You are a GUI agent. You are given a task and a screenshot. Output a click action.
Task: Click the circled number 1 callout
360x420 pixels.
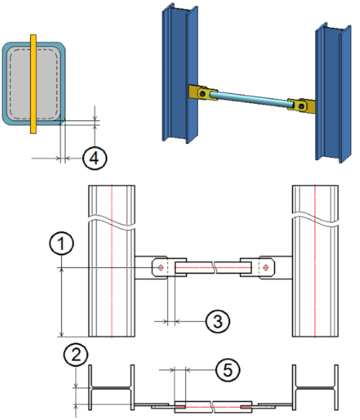pos(61,243)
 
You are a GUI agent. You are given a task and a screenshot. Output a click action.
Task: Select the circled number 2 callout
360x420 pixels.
pos(76,354)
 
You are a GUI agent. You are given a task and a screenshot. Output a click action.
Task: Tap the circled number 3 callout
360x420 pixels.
pos(218,321)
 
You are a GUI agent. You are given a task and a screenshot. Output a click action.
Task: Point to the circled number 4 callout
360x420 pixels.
pos(95,158)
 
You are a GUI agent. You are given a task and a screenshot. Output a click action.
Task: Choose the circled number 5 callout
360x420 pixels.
pos(228,370)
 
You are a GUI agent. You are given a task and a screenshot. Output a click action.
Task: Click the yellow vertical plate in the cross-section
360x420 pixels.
pos(33,84)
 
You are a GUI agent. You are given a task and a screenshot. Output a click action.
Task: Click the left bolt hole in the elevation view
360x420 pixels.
pos(161,267)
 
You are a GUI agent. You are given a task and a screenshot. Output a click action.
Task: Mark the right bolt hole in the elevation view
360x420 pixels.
pos(266,267)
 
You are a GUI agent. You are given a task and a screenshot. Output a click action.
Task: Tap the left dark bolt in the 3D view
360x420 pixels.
pos(202,94)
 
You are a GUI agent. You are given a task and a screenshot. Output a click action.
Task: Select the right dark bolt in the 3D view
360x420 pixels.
pos(302,107)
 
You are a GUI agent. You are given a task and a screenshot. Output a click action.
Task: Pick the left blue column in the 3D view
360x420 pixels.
pos(180,73)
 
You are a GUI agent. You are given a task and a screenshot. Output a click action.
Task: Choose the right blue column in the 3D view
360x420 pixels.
pos(333,93)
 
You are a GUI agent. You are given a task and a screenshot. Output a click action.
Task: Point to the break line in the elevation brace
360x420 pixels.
pos(214,267)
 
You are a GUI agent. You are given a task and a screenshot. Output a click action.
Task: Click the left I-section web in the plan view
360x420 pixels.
pos(112,388)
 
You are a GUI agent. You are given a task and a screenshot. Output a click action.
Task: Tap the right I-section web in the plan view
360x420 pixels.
pos(315,388)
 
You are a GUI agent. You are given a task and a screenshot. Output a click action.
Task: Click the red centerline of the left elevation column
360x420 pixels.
pos(112,261)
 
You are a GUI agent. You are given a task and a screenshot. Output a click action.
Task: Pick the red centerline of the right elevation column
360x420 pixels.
pos(315,261)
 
